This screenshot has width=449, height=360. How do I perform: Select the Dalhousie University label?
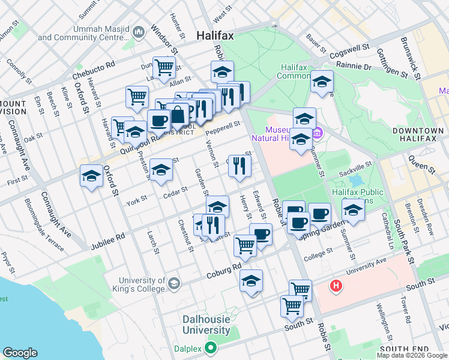coord(206,325)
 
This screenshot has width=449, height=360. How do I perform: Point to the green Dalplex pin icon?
coord(210,347)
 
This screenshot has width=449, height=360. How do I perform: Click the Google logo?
coord(20,353)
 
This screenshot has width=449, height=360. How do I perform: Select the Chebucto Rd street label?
coord(93,70)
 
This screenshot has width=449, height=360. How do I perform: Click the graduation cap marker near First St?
coord(91,176)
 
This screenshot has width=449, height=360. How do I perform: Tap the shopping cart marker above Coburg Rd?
coord(245,245)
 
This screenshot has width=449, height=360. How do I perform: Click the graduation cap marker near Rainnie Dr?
coord(322,82)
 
